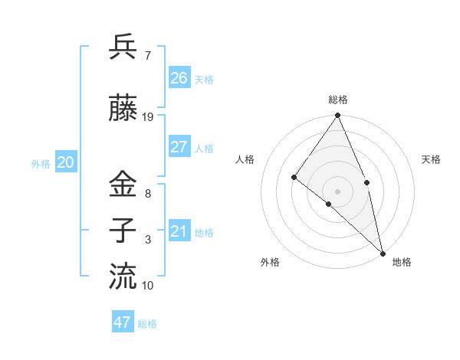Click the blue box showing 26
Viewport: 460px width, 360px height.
coord(179,77)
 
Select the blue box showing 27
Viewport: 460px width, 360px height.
coord(179,147)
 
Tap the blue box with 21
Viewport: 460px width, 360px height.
coord(179,231)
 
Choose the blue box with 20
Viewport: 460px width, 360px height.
coord(66,162)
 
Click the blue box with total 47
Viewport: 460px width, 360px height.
coord(123,322)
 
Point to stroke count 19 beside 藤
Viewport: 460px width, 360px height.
coord(148,117)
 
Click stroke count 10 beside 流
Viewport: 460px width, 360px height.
coord(148,286)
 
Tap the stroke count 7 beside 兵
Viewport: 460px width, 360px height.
coord(147,56)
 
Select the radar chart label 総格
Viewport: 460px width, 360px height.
coord(338,100)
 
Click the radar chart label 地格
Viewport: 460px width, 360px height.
coord(402,263)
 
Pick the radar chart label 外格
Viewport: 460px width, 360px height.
coord(270,263)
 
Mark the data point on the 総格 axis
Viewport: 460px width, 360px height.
coord(337,116)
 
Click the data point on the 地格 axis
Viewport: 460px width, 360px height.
coord(382,252)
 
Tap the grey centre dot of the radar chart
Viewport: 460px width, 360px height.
coord(337,191)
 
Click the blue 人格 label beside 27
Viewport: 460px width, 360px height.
coord(204,149)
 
